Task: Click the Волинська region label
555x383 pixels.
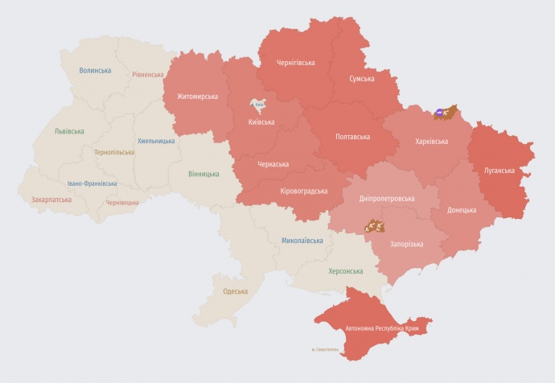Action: click(x=95, y=71)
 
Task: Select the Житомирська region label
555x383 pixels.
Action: click(x=197, y=97)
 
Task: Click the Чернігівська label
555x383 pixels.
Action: click(x=295, y=62)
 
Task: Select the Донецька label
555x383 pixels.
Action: click(x=458, y=210)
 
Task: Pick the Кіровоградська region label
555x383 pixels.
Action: click(x=303, y=191)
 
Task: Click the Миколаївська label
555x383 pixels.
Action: click(x=302, y=241)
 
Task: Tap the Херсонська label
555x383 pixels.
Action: click(x=346, y=271)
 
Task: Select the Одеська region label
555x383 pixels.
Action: click(x=235, y=291)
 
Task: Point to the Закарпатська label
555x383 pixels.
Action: click(x=50, y=200)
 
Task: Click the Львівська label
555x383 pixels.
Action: click(x=70, y=130)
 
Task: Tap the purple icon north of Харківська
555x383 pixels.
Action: click(x=439, y=113)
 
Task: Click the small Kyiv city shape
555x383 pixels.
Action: click(x=259, y=105)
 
